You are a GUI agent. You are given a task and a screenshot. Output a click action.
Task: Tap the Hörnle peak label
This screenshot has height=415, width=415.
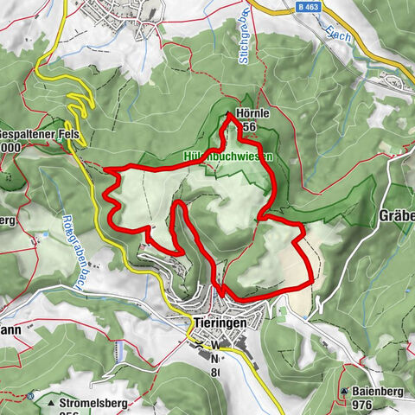(242, 114)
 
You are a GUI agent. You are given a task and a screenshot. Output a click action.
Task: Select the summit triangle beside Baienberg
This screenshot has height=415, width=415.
(345, 391)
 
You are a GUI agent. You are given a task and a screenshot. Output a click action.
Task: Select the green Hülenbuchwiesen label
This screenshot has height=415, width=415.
(228, 157)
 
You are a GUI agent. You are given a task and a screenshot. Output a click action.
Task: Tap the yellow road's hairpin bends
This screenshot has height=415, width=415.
(78, 108)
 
